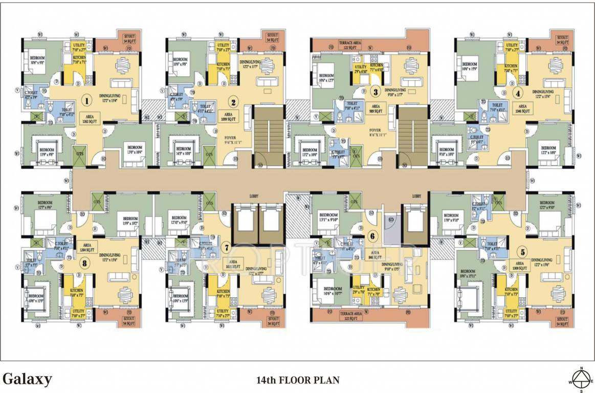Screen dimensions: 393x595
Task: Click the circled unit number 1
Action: coord(88,101)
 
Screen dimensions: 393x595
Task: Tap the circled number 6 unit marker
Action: coord(372,236)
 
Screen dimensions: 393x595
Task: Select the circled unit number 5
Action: coord(522,251)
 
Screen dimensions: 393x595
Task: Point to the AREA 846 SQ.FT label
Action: coord(375,255)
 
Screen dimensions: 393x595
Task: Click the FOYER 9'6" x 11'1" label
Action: coord(231,140)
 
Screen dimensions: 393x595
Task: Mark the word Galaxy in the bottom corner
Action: coord(28,379)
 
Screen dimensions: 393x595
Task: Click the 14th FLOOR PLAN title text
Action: coord(298,380)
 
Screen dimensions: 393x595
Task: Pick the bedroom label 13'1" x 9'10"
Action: coord(328,217)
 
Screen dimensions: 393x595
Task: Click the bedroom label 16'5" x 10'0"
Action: coord(183,152)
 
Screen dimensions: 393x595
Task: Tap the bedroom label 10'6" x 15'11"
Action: coord(468,274)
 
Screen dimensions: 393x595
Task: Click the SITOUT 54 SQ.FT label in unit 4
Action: coord(562,40)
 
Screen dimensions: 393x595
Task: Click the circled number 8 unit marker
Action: coord(84,264)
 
